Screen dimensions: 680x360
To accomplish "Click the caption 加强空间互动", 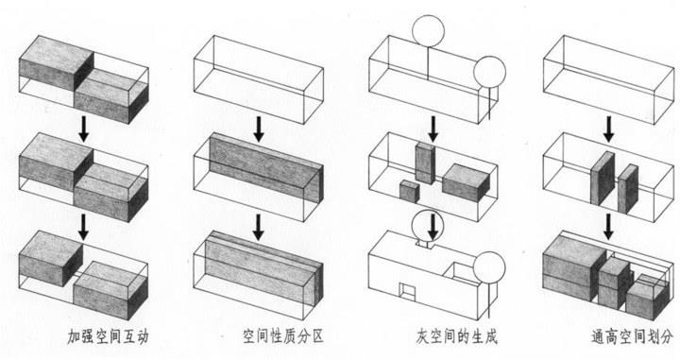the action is [x=108, y=336].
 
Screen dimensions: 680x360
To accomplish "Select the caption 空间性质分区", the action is [x=283, y=336].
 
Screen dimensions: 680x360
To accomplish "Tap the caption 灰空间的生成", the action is [x=457, y=336].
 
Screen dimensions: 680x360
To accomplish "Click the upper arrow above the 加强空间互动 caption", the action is [x=84, y=129].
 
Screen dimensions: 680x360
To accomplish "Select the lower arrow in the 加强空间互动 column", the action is [x=84, y=227].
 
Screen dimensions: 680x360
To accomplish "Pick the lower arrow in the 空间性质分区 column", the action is [x=259, y=227].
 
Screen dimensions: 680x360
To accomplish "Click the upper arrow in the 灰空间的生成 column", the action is [x=433, y=129].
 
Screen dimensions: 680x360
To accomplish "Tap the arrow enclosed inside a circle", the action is [x=433, y=227].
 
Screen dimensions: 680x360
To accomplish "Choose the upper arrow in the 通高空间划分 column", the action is [x=609, y=129].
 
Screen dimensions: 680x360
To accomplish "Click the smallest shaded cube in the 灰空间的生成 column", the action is [x=409, y=191].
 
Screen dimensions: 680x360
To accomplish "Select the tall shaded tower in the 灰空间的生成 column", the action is [x=425, y=163].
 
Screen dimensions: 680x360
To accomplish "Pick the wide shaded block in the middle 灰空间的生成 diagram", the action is [x=466, y=182].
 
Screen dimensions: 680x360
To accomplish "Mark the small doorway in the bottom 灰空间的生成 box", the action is [x=407, y=292].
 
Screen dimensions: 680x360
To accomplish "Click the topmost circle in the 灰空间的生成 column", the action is [x=429, y=30].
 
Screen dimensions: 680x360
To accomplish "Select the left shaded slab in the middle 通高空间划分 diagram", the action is [x=603, y=179].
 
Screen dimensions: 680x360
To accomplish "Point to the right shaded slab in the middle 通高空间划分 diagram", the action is [x=628, y=189].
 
